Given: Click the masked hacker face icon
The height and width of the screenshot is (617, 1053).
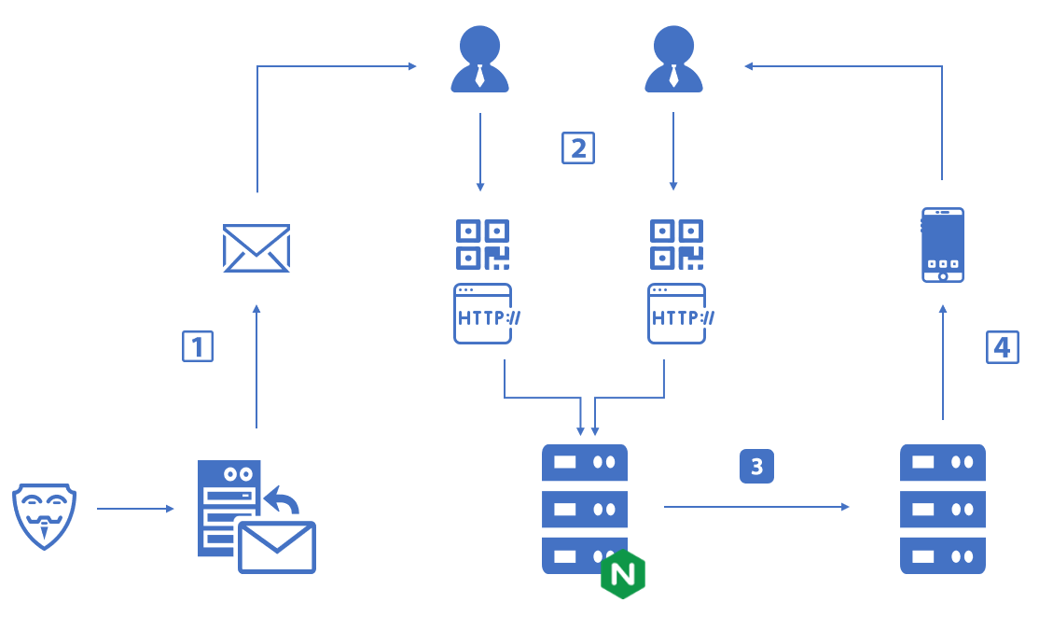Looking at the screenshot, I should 44,514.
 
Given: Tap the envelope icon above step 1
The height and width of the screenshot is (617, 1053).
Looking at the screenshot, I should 256,248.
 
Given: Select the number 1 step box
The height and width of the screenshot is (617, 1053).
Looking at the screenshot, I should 198,346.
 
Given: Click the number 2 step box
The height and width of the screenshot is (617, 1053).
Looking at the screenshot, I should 578,147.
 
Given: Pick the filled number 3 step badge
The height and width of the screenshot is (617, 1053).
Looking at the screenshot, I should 756,466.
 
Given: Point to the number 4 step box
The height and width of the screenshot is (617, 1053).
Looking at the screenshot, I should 1003,347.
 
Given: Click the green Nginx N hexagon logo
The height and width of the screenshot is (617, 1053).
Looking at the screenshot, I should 623,574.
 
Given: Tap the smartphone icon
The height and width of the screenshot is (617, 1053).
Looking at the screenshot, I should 942,245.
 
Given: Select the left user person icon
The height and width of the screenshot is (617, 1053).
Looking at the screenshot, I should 479,61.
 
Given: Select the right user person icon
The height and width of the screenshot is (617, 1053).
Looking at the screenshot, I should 673,61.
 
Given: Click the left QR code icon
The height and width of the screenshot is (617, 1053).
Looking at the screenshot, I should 482,245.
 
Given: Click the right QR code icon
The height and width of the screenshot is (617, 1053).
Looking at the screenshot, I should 676,245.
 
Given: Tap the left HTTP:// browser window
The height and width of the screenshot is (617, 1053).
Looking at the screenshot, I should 483,314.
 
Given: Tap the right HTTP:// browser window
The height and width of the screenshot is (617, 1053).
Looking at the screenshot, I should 677,314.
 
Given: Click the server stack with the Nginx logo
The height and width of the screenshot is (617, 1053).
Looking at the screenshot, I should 584,509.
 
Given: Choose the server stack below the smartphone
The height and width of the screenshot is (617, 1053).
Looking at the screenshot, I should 942,509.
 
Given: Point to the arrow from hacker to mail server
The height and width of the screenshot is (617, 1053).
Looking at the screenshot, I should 135,509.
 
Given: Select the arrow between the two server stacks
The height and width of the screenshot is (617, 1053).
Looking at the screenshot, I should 756,507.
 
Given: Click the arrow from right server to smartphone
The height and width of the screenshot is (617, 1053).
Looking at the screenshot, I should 943,364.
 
